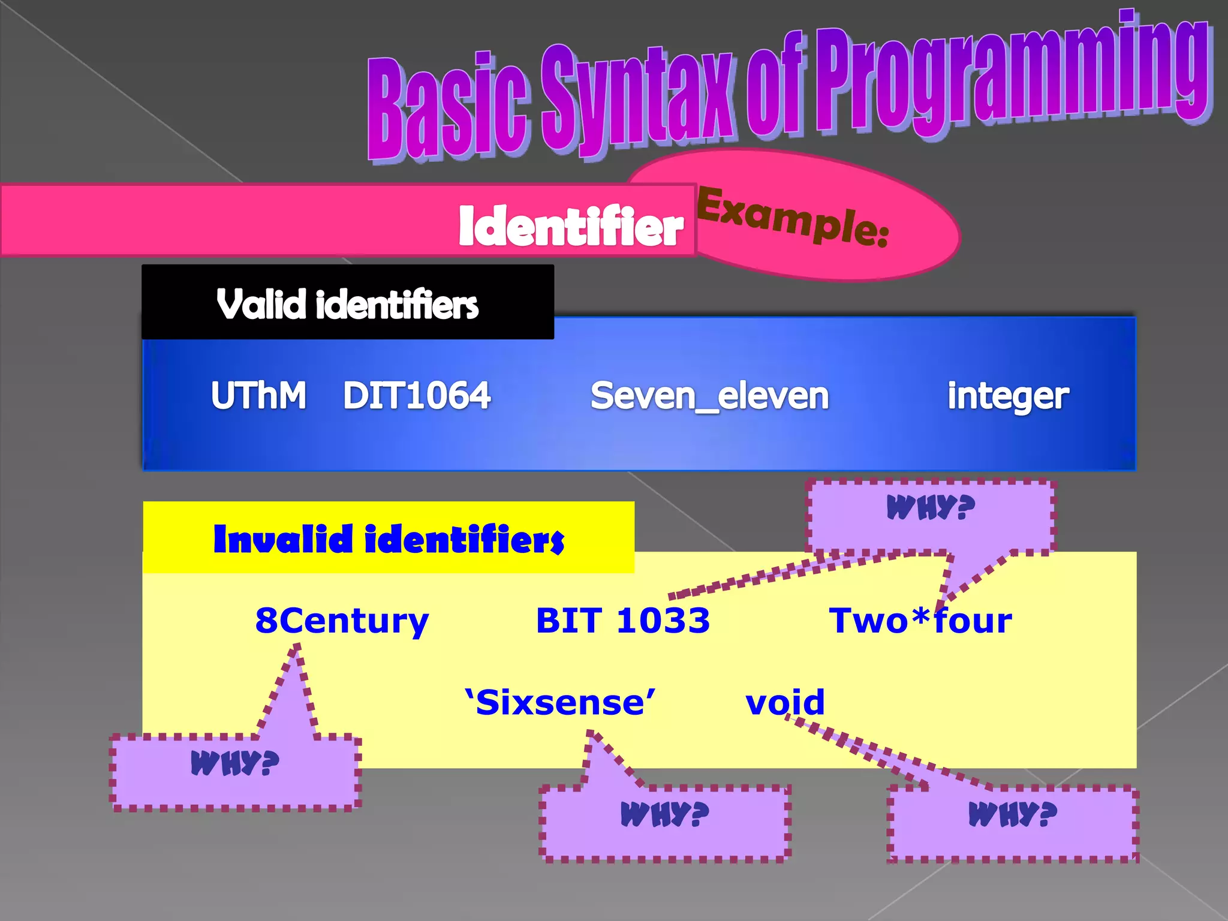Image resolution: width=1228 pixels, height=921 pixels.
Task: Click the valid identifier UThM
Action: click(258, 396)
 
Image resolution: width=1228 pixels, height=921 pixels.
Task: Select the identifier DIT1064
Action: click(417, 396)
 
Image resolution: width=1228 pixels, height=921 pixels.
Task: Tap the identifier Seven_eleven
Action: click(709, 396)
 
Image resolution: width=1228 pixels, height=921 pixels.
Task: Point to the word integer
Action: click(1008, 397)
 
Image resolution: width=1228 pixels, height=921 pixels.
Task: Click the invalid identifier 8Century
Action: click(342, 621)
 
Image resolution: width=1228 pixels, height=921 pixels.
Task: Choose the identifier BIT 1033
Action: click(622, 621)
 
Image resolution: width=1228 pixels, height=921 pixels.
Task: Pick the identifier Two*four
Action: click(920, 621)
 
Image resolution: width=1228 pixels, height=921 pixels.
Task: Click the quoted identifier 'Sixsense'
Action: click(560, 702)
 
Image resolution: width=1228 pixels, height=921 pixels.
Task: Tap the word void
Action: click(785, 702)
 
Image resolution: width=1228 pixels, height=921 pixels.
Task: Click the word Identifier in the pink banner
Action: click(571, 227)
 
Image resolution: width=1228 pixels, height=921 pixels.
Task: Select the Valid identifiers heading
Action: click(347, 305)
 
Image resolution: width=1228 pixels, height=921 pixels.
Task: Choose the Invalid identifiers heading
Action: click(389, 539)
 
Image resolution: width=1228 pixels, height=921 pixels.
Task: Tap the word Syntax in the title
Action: click(639, 99)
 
